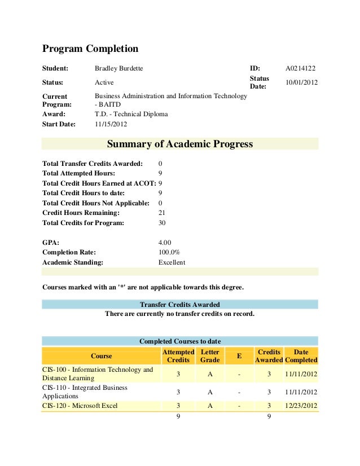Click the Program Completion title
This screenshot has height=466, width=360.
click(90, 49)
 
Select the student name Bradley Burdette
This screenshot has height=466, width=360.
click(118, 68)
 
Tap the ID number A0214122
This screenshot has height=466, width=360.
click(301, 68)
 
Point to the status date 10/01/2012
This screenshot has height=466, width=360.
click(302, 82)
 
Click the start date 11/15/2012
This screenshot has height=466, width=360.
click(111, 124)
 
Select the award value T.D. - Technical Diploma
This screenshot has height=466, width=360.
click(131, 114)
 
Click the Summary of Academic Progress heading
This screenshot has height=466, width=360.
click(180, 144)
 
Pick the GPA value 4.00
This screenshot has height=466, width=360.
click(165, 242)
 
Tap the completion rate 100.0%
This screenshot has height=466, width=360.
click(169, 252)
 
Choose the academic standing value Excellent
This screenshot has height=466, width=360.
click(172, 262)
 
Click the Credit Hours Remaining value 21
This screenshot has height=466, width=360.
click(162, 213)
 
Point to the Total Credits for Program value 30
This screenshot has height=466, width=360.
click(162, 223)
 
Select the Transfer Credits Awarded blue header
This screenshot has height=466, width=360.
click(180, 305)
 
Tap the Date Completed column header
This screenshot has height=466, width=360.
click(301, 356)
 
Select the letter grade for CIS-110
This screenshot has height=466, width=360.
click(209, 392)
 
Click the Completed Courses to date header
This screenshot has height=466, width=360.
click(180, 341)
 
